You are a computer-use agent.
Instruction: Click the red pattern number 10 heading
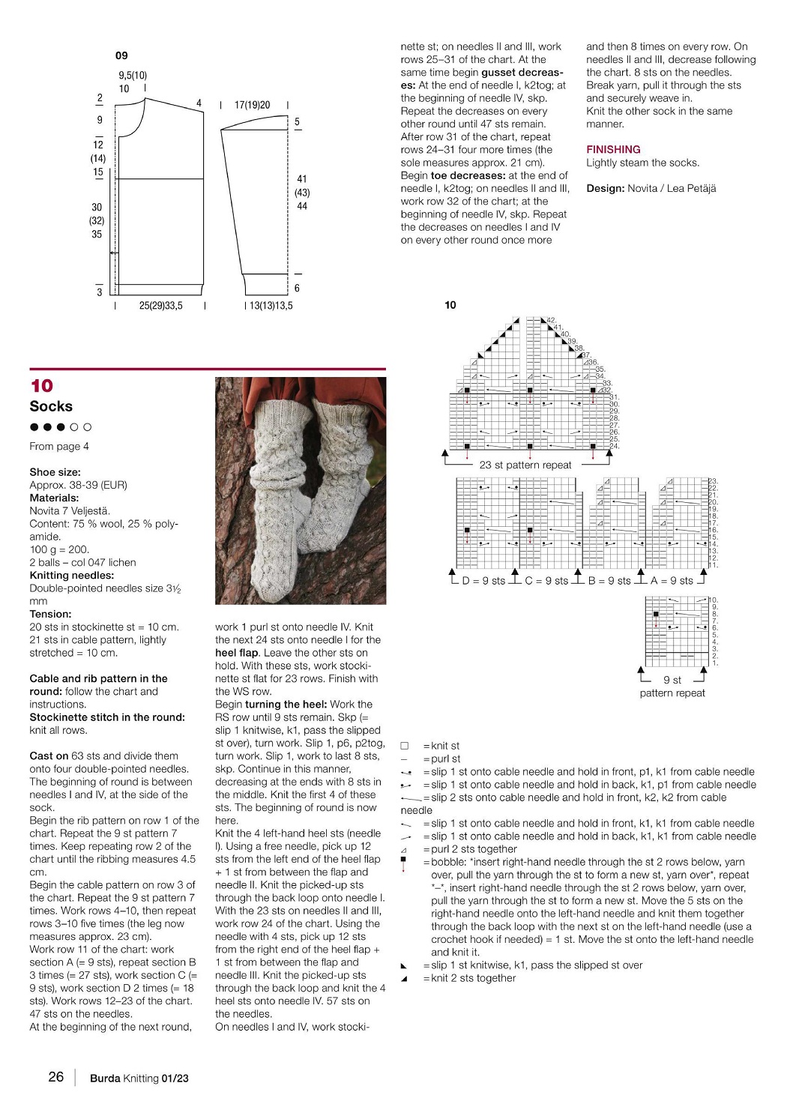pos(42,386)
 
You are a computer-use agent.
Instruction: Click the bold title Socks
pos(51,407)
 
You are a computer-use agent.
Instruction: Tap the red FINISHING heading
pos(613,149)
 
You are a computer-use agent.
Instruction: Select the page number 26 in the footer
pos(56,1077)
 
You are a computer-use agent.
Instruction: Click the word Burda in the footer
pos(105,1079)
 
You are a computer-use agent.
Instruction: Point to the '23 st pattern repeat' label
pos(525,465)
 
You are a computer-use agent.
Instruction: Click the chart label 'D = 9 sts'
pos(483,581)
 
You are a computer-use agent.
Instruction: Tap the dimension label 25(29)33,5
pos(160,306)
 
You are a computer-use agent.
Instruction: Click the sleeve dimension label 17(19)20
pos(253,105)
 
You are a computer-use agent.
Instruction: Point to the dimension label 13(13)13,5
pos(271,306)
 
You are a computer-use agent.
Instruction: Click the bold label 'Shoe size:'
pos(55,472)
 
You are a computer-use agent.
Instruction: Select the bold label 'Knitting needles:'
pos(72,576)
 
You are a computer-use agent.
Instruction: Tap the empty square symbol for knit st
pos(405,746)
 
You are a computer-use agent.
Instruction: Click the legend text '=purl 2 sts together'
pos(470,849)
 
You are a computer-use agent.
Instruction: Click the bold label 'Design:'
pos(605,188)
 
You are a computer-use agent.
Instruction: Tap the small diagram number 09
pos(121,55)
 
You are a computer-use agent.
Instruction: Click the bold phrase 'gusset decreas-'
pos(522,73)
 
